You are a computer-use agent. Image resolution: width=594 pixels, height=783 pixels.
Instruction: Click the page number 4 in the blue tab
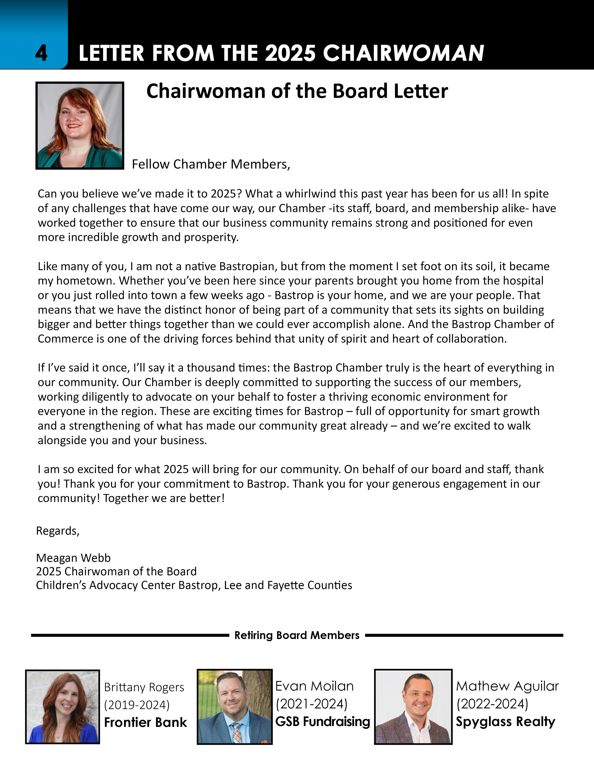tap(41, 54)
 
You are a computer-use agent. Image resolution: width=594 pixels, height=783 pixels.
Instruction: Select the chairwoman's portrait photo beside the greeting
tap(80, 126)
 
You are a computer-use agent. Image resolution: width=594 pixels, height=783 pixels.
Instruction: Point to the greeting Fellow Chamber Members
tap(211, 164)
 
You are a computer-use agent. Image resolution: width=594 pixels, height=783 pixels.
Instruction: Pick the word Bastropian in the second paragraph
tap(248, 266)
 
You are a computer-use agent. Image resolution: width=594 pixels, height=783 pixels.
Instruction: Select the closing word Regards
tap(58, 531)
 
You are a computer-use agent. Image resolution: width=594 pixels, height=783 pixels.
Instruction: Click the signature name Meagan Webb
tap(73, 558)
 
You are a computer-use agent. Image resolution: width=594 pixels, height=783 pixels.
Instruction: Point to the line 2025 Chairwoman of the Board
tap(116, 572)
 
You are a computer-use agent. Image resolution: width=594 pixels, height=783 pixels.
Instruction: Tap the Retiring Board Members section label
tap(297, 635)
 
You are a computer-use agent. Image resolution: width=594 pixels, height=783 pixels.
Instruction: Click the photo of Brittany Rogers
tap(62, 706)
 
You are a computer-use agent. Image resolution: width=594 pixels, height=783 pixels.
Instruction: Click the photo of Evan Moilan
tap(235, 706)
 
